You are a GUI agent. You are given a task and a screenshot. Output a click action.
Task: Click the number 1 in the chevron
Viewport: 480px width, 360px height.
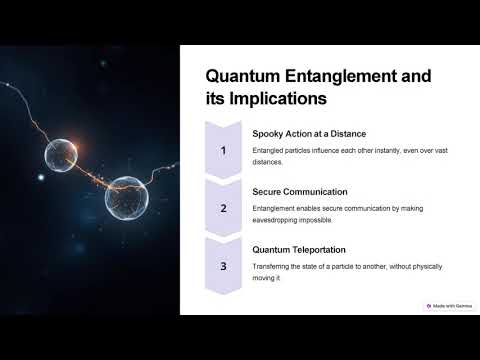[x=224, y=150]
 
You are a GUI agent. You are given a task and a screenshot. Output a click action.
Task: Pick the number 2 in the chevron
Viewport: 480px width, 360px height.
[x=224, y=208]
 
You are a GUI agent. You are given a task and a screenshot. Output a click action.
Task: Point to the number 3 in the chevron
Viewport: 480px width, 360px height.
[x=224, y=266]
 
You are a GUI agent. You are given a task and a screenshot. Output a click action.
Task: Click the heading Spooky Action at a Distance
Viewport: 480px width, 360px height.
[x=310, y=133]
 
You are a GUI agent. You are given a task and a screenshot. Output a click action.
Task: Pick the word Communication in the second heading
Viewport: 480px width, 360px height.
[x=318, y=191]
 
